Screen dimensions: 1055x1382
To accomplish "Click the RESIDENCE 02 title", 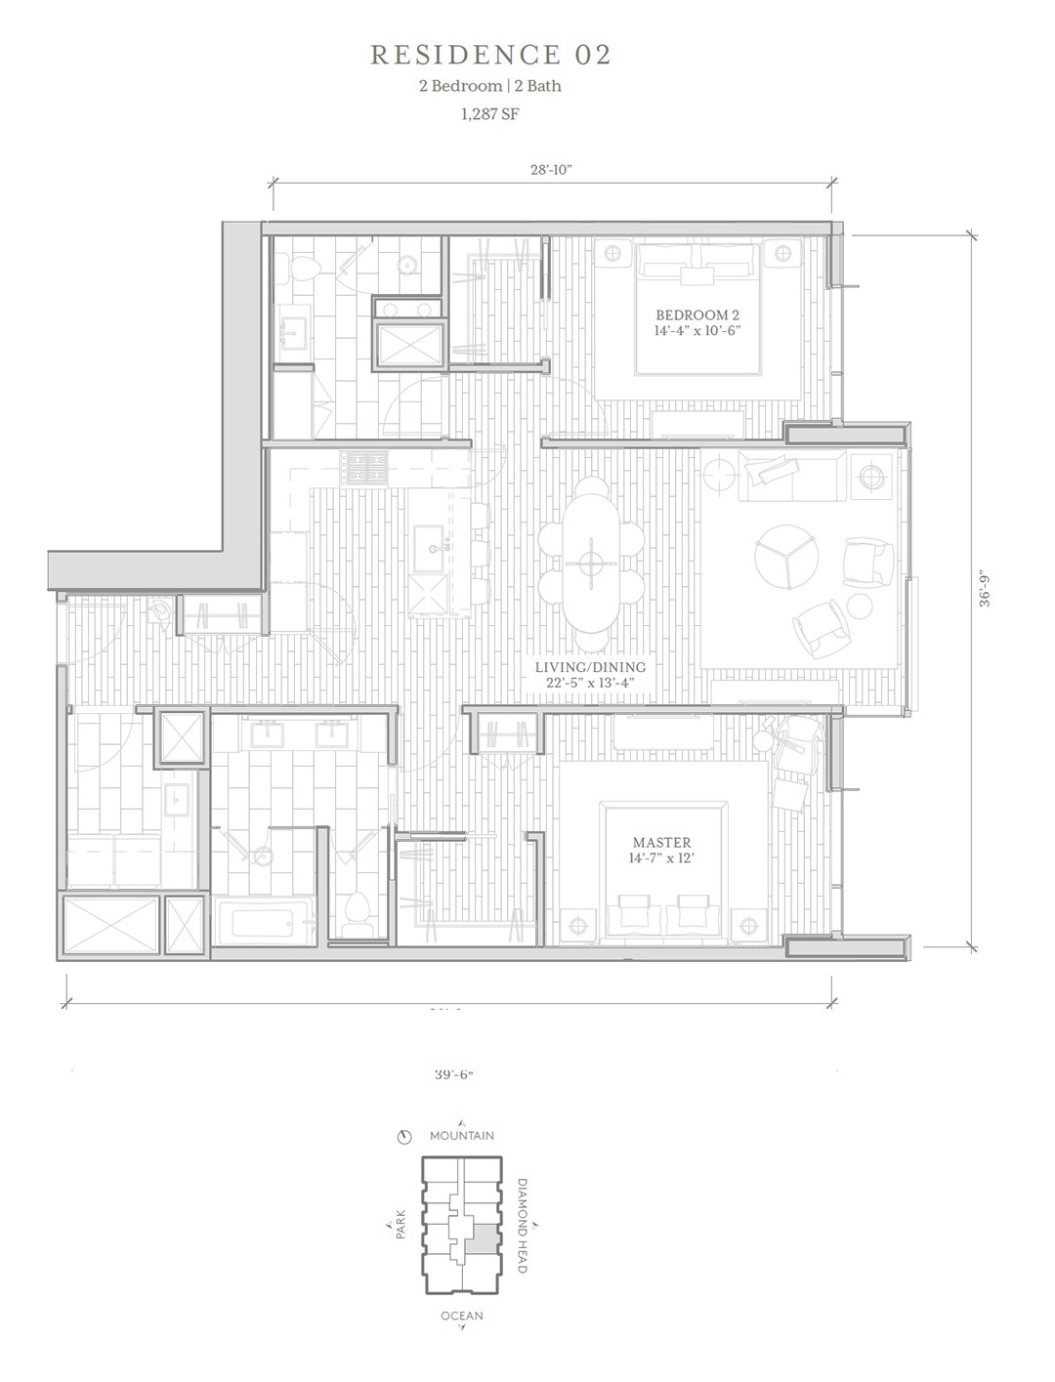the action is pos(490,56).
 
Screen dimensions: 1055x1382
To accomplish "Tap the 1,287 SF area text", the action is pos(489,114).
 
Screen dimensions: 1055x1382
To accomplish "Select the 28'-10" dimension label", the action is pos(551,169).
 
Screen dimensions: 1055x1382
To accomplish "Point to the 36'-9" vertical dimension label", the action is pos(985,590).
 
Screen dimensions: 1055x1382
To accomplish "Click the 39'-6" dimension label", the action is pos(453,1074).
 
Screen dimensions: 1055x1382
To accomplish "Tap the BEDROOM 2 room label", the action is pos(697,314).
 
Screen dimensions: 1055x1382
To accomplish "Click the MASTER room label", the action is pos(661,842).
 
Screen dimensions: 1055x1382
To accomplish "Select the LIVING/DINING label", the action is pos(590,667).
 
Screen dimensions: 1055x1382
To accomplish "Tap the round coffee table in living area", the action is pos(786,557).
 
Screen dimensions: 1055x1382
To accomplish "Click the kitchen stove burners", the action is pos(363,468).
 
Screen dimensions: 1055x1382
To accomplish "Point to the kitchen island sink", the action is pos(434,547).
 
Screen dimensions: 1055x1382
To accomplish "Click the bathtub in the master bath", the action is pos(264,923).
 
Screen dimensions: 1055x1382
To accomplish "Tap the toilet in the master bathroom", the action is pos(359,913).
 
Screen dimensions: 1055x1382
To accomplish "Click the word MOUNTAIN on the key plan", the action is pos(461,1135).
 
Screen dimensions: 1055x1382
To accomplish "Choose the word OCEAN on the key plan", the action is pos(462,1316).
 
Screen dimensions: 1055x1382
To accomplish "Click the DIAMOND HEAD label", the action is pos(522,1225).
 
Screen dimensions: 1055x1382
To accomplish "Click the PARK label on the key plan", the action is pos(401,1224).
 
